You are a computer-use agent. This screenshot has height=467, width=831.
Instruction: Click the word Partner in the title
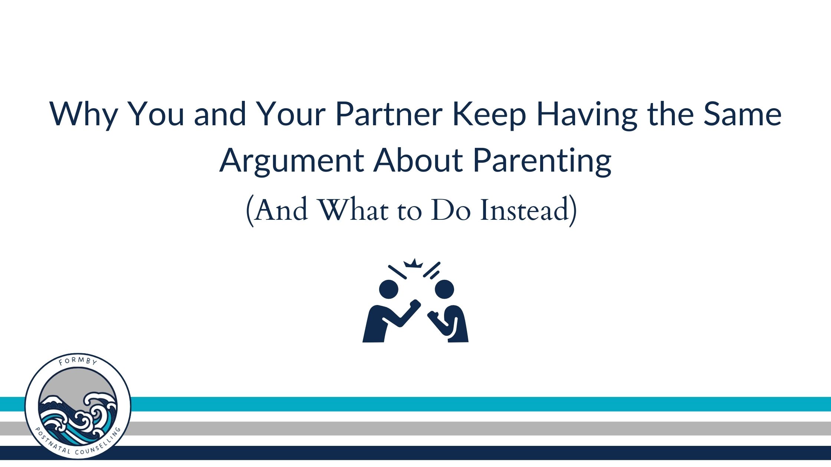click(389, 114)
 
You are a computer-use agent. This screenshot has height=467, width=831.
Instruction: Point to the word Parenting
click(542, 161)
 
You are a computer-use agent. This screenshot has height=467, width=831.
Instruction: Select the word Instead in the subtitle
click(525, 210)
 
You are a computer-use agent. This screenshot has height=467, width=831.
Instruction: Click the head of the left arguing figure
click(388, 289)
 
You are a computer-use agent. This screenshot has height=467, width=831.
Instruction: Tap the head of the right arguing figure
click(444, 289)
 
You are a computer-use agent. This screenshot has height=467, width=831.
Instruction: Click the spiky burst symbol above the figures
click(413, 263)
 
